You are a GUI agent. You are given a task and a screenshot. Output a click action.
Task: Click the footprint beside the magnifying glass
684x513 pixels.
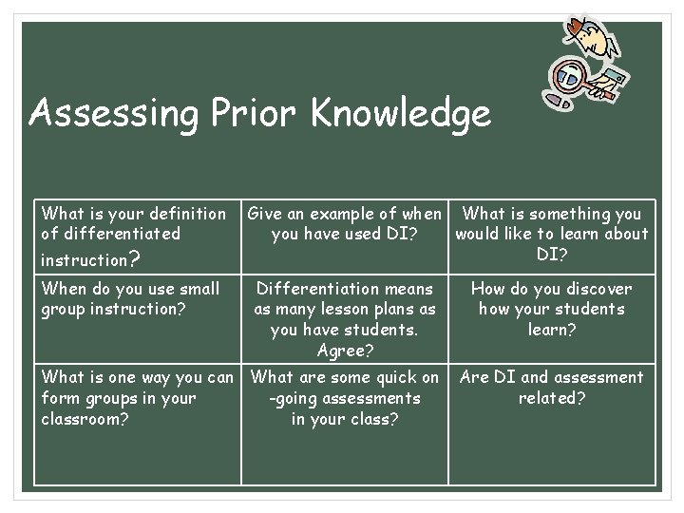559,99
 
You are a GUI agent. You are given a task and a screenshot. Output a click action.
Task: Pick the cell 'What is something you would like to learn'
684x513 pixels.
551,234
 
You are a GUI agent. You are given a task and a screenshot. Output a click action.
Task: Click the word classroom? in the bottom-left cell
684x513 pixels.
84,419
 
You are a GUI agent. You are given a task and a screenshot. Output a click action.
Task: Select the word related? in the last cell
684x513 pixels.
551,398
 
